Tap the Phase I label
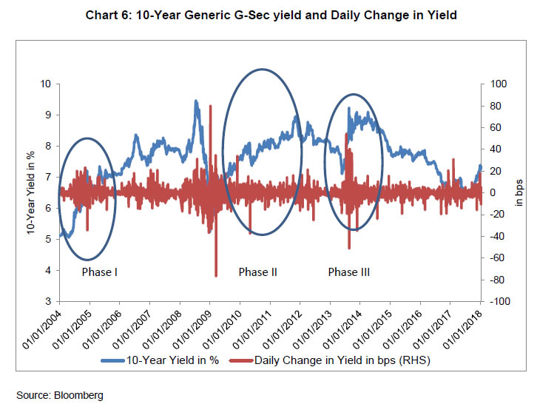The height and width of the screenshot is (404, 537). [x=100, y=272]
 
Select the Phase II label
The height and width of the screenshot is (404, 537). [x=257, y=272]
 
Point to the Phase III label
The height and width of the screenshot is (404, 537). [x=348, y=272]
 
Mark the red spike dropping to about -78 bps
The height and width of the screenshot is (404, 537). [x=216, y=275]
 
